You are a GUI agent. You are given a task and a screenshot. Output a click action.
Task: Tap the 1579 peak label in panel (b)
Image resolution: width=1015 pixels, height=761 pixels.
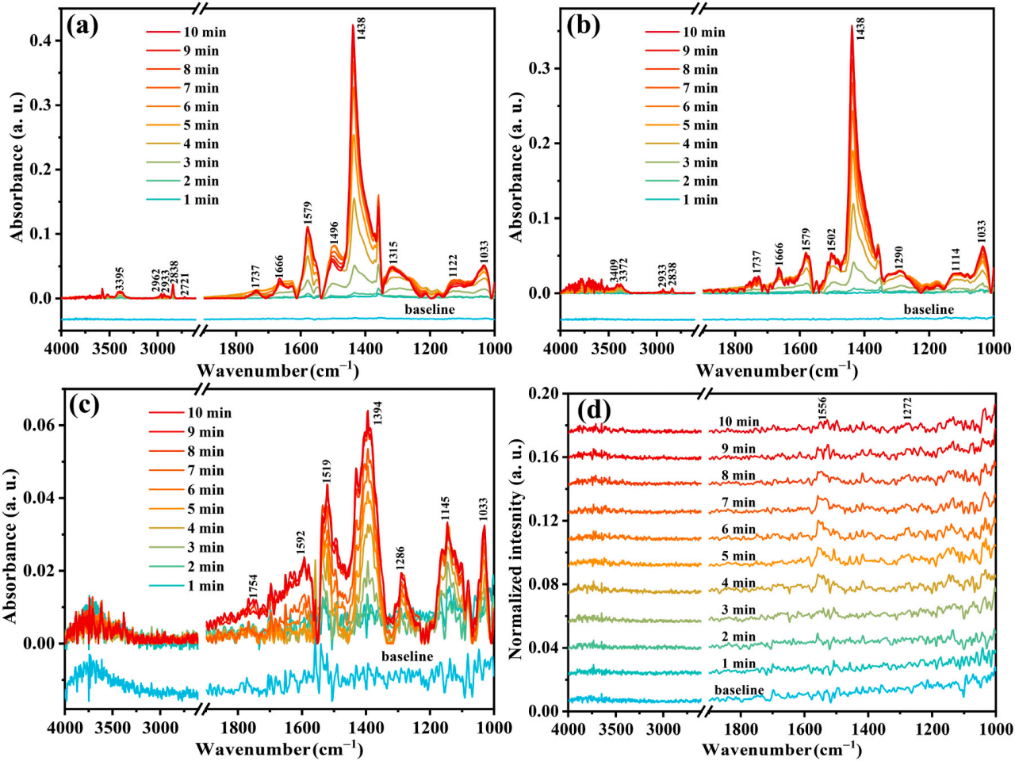(x=806, y=237)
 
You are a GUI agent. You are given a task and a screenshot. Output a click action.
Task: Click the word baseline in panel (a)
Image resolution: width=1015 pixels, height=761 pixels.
(x=430, y=309)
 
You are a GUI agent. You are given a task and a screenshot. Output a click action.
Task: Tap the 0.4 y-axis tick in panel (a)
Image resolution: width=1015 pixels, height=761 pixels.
(x=40, y=40)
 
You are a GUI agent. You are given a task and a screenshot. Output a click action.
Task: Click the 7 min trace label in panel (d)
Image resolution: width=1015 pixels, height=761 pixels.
(x=738, y=503)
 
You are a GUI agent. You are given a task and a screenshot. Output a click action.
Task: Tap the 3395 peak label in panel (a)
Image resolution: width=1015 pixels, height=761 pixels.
(x=120, y=279)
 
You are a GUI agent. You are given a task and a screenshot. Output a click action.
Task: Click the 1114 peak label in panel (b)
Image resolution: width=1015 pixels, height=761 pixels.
(x=956, y=259)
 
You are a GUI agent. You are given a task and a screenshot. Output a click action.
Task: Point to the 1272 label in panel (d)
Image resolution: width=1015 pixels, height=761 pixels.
(x=907, y=409)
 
